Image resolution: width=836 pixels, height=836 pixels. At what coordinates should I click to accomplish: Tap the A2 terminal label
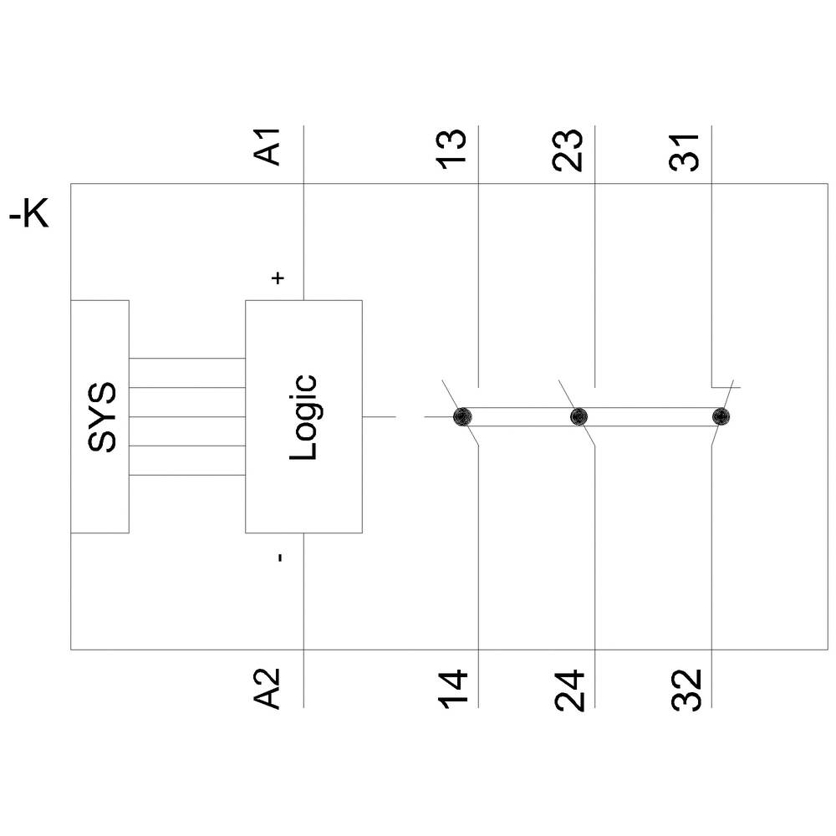click(268, 688)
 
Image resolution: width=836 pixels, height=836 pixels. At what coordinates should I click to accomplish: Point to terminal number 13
click(452, 149)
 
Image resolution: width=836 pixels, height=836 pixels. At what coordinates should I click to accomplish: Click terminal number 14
click(452, 688)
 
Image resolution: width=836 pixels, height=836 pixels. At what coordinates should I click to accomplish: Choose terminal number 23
click(569, 149)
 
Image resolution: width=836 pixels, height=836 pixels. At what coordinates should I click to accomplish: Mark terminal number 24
click(569, 688)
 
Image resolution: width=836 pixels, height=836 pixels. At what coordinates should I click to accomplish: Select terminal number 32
click(686, 688)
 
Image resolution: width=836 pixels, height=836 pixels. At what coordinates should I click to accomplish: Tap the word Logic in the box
click(303, 416)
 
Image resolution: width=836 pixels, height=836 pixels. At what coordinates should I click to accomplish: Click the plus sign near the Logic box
click(279, 278)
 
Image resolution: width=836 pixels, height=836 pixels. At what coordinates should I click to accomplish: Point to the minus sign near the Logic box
click(279, 556)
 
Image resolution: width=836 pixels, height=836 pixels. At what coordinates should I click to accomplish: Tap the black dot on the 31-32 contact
click(721, 416)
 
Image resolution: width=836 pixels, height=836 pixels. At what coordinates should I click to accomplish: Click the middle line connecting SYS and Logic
click(186, 416)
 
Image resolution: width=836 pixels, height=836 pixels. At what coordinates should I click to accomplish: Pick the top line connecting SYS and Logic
click(186, 359)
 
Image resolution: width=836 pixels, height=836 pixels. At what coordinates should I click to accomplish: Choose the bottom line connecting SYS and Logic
click(186, 475)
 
